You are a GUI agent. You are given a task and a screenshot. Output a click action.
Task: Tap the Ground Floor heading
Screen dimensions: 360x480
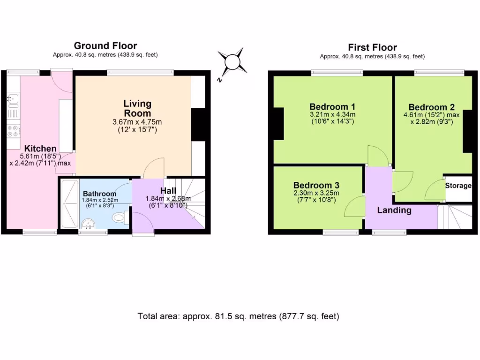click(105, 45)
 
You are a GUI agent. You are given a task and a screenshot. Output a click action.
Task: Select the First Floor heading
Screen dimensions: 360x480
click(372, 47)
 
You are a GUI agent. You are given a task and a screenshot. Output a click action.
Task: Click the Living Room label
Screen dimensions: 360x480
click(137, 108)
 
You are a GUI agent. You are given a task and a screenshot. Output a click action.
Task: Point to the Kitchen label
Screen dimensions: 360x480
click(40, 149)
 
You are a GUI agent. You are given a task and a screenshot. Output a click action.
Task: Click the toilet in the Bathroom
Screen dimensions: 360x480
click(120, 217)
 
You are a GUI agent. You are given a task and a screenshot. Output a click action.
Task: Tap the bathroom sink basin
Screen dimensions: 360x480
click(87, 224)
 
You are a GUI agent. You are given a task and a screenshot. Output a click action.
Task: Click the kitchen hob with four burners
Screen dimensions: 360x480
click(13, 131)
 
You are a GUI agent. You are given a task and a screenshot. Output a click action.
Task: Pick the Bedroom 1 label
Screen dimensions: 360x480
click(332, 105)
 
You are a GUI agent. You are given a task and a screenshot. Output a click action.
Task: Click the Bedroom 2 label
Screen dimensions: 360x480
click(431, 107)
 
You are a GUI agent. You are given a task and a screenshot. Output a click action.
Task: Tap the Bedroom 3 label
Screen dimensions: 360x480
click(316, 185)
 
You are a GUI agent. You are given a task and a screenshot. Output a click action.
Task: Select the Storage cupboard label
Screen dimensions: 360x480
click(458, 186)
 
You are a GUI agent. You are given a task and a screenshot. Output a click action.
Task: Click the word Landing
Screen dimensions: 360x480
click(394, 210)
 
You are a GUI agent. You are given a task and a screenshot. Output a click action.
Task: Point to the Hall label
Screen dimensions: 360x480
click(168, 191)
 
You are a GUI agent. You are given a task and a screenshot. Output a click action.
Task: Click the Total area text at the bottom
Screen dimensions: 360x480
click(238, 316)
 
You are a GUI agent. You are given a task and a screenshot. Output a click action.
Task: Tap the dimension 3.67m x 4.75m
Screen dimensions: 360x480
click(137, 122)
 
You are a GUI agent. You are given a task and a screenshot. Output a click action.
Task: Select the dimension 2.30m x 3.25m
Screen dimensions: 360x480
click(316, 193)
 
